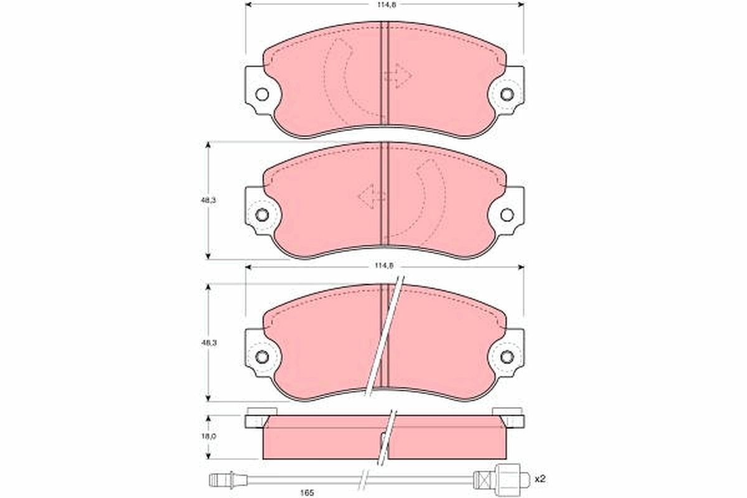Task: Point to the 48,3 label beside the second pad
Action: tap(209, 200)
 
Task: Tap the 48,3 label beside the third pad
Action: tap(209, 342)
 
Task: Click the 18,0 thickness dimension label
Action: tap(209, 436)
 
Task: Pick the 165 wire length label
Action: tap(307, 492)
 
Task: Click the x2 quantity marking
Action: tap(540, 479)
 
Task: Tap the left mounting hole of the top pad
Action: tap(262, 95)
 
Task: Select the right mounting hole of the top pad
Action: tap(507, 95)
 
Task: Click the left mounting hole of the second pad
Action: tap(262, 215)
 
